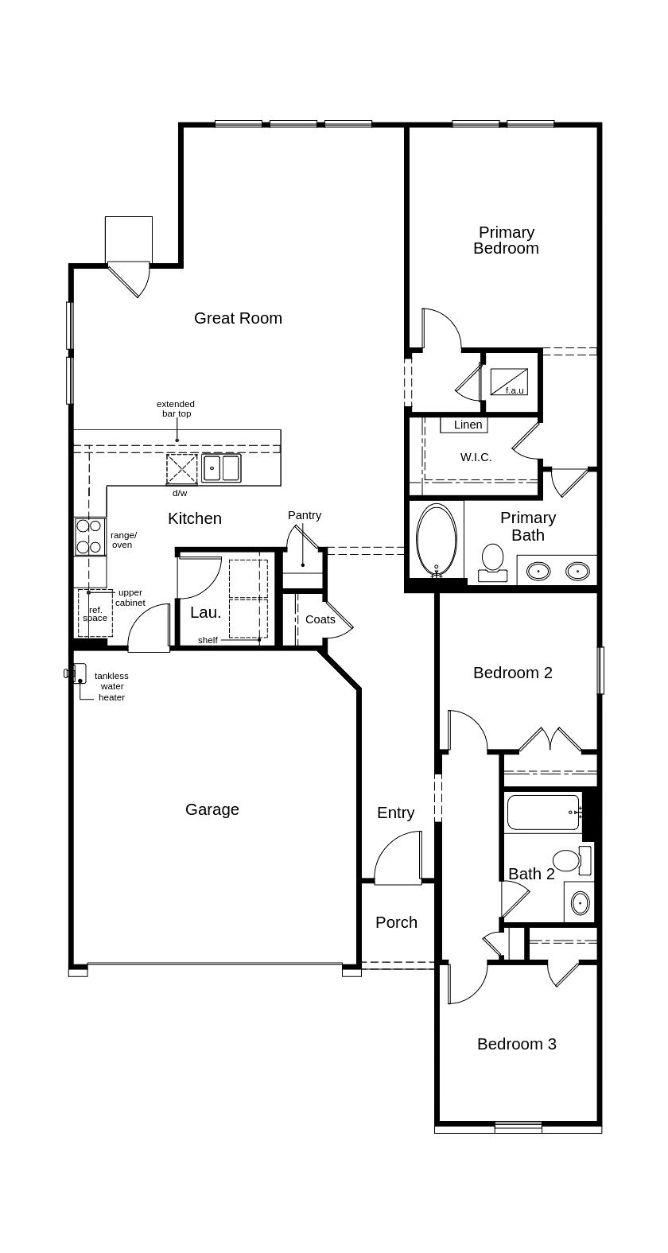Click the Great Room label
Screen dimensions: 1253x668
pyautogui.click(x=238, y=318)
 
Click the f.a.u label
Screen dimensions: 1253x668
pyautogui.click(x=515, y=390)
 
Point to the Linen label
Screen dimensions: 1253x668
pyautogui.click(x=468, y=425)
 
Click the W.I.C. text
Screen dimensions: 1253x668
pyautogui.click(x=476, y=457)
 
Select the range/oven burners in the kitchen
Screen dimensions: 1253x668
pyautogui.click(x=88, y=537)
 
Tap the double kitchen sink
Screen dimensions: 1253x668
pyautogui.click(x=221, y=467)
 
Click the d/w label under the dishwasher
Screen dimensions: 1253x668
pyautogui.click(x=180, y=493)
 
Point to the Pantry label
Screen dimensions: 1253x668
pyautogui.click(x=305, y=515)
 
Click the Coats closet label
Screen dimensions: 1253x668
pyautogui.click(x=320, y=619)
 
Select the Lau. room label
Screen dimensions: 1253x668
pyautogui.click(x=205, y=612)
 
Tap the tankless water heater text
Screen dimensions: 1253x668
pyautogui.click(x=111, y=686)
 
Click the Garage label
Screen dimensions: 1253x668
pyautogui.click(x=212, y=809)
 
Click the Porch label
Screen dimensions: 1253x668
pyautogui.click(x=396, y=922)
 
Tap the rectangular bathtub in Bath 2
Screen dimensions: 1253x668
pyautogui.click(x=543, y=812)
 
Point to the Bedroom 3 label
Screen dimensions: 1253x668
pyautogui.click(x=516, y=1044)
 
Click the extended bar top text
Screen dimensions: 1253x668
pyautogui.click(x=175, y=409)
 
